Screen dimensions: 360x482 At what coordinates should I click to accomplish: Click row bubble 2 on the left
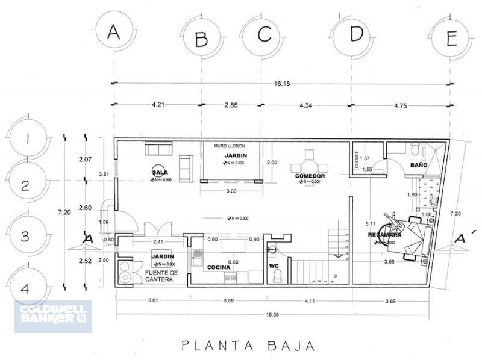tap(24, 185)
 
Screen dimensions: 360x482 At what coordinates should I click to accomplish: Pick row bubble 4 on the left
tap(24, 288)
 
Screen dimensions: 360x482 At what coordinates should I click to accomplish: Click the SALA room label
tap(160, 172)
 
